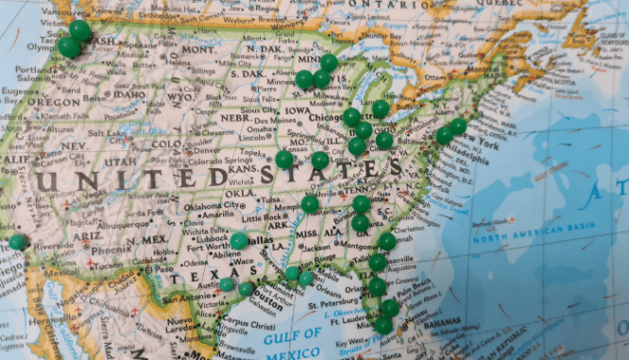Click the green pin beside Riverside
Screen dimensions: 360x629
(17, 242)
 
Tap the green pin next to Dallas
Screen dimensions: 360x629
(239, 240)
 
